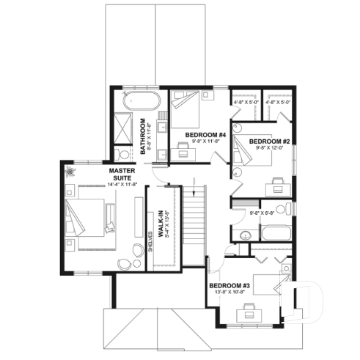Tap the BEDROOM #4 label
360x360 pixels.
(x=205, y=135)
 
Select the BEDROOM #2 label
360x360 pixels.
(x=270, y=141)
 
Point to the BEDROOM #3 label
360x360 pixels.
(x=229, y=285)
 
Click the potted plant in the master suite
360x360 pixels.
(x=72, y=173)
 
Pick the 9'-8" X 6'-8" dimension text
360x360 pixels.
(x=262, y=213)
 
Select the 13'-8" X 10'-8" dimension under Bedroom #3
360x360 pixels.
(x=230, y=293)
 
